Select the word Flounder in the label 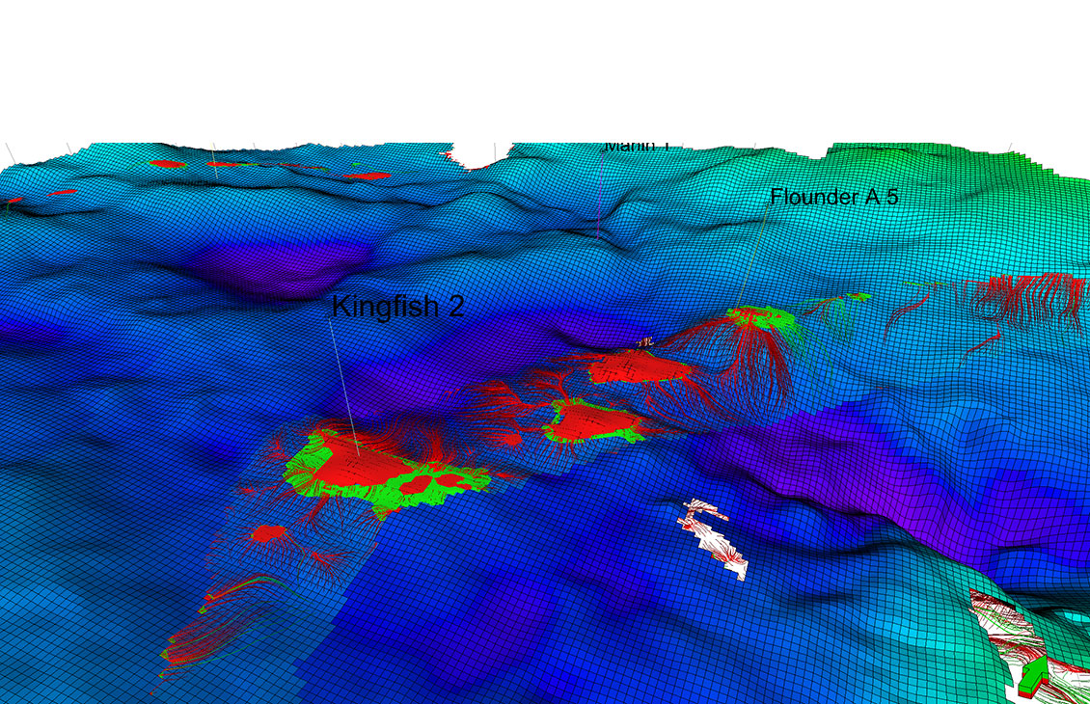tap(813, 198)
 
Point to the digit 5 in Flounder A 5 tap(892, 198)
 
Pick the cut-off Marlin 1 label tap(637, 147)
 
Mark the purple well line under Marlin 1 tap(600, 193)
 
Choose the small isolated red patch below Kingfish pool tap(267, 532)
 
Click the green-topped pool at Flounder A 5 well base tap(762, 317)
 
